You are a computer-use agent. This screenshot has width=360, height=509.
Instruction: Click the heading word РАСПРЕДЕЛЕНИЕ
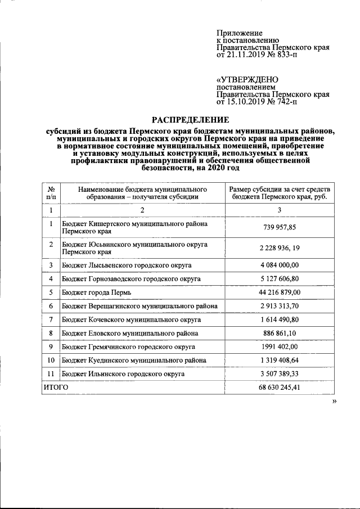coord(191,119)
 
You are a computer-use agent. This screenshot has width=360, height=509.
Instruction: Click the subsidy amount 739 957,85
coord(280,227)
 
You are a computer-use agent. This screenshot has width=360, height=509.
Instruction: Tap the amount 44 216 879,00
coord(280,292)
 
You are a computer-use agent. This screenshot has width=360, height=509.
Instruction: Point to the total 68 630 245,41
coord(280,388)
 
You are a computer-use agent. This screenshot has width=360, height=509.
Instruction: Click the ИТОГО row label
coord(56,388)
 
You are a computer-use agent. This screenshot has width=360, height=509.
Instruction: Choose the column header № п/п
coord(51,193)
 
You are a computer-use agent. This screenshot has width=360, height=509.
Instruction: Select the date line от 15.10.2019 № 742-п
coord(257,103)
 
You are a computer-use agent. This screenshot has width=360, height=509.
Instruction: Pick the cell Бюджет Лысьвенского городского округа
coord(127,265)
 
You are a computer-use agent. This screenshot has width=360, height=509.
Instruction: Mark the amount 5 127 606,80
coord(280,278)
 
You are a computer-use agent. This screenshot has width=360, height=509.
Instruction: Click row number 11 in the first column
coord(51,373)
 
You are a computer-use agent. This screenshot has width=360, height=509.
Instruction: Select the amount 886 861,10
coord(280,333)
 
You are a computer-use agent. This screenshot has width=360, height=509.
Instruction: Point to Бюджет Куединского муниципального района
coord(134,360)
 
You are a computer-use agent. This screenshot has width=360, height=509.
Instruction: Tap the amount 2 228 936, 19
coord(280,248)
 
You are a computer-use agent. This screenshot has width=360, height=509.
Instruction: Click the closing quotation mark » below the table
coord(334,401)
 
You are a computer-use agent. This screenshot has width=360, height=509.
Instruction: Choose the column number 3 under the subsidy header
coord(280,210)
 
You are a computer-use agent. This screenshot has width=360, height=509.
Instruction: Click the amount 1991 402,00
coord(280,346)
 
